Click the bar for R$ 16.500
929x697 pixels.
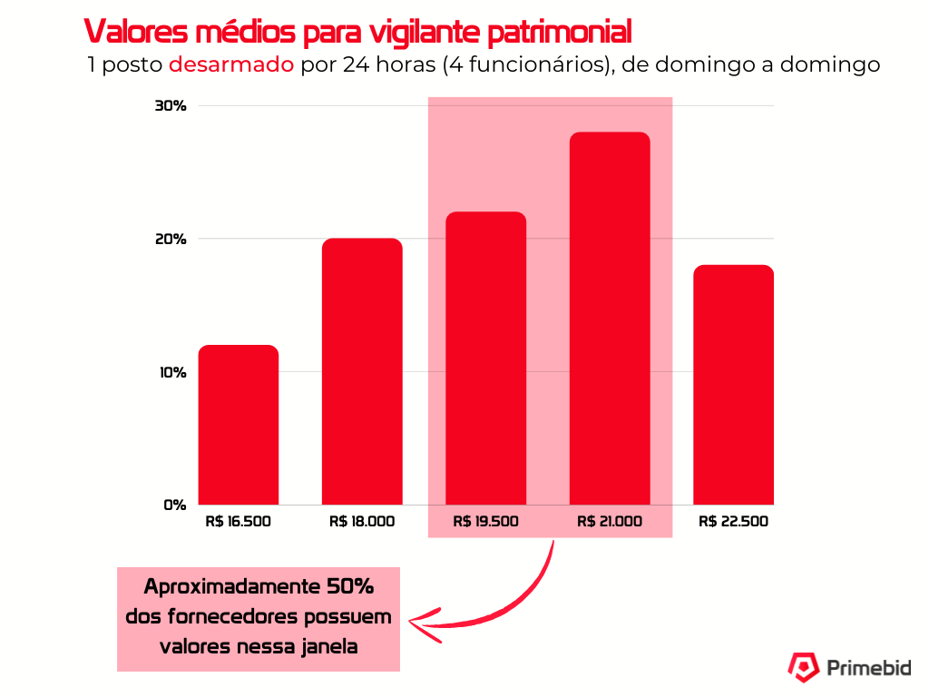239,425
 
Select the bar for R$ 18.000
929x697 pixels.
362,371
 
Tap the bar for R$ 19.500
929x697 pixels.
486,358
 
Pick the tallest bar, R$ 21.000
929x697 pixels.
610,319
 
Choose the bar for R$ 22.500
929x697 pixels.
733,385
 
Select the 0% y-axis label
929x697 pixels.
174,505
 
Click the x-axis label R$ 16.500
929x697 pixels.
239,522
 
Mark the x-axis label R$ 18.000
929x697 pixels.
362,522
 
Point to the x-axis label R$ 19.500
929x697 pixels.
486,522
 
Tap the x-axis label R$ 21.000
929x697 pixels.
610,522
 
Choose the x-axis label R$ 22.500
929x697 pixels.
733,522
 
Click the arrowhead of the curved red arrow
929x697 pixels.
416,623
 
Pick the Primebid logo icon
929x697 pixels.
802,668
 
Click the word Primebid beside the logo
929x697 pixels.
868,669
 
